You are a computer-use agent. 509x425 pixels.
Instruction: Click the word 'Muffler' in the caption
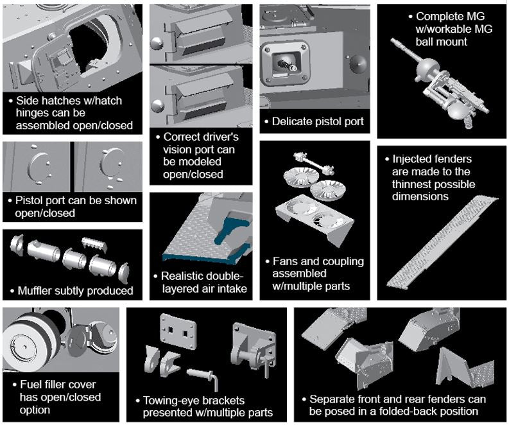tap(37, 291)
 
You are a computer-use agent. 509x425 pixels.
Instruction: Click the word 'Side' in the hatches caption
tap(26, 101)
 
